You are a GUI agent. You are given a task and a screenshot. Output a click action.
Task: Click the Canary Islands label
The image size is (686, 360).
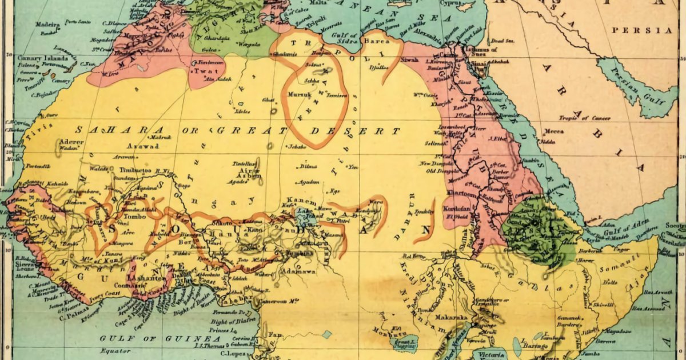(x=38, y=58)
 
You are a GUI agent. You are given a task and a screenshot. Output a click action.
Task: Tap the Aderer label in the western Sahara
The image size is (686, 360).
(x=67, y=141)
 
